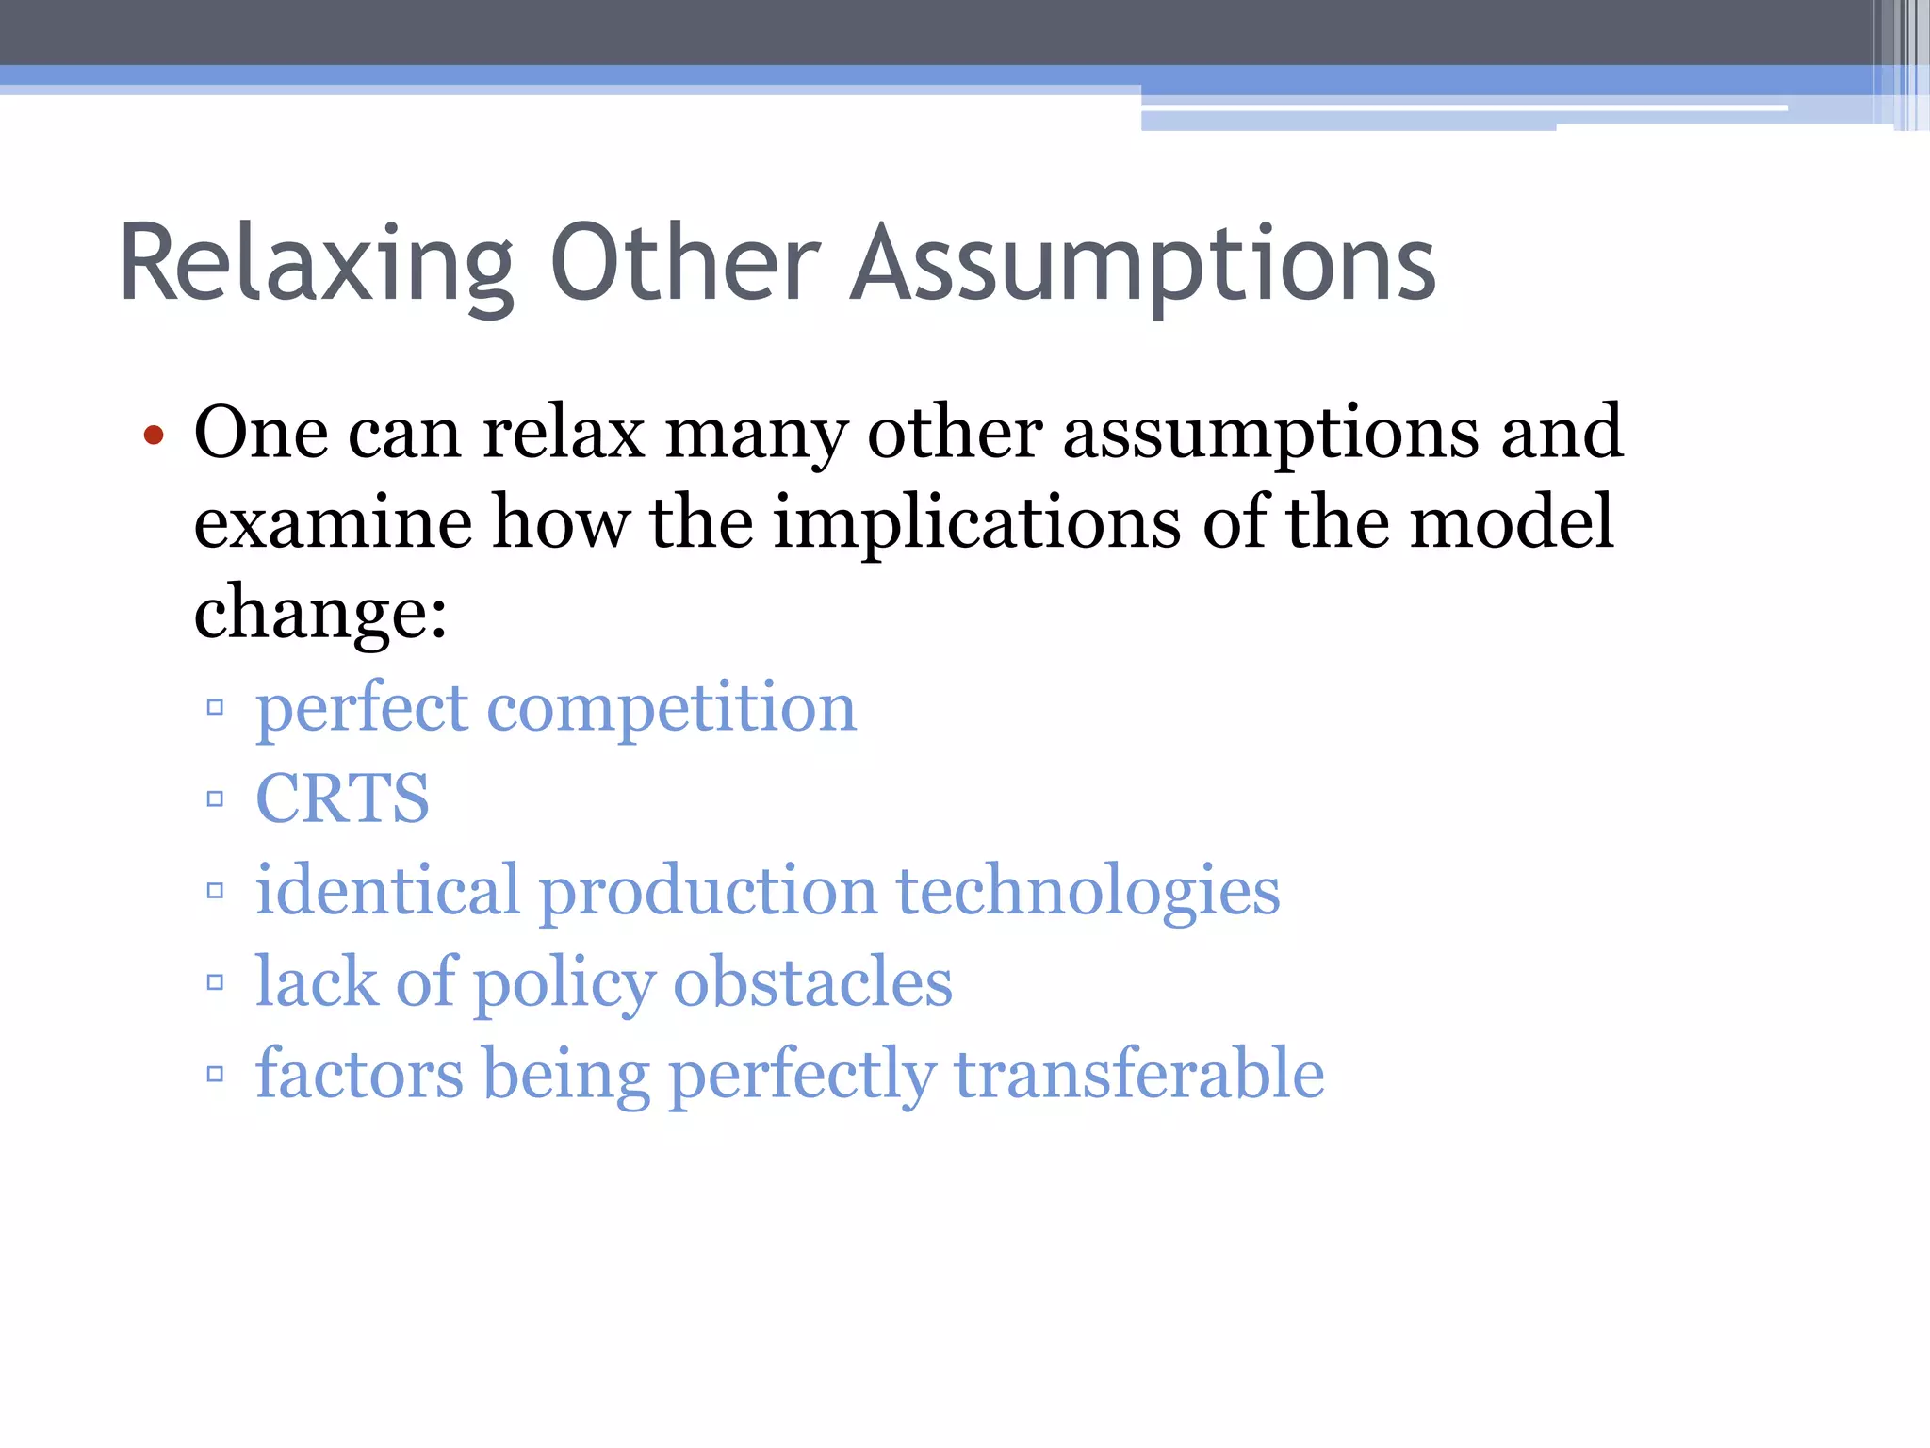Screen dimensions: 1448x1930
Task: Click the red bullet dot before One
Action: pyautogui.click(x=154, y=436)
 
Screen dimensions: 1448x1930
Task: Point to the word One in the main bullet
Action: pyautogui.click(x=261, y=433)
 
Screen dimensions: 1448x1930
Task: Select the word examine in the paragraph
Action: pyautogui.click(x=333, y=522)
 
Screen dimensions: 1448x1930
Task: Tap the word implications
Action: pyautogui.click(x=976, y=524)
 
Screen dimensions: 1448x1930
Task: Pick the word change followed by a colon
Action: pyautogui.click(x=320, y=613)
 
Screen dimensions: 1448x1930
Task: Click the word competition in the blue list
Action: pyautogui.click(x=671, y=707)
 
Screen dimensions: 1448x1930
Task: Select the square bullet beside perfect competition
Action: pyautogui.click(x=215, y=707)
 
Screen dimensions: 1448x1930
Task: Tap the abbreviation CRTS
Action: pyautogui.click(x=343, y=798)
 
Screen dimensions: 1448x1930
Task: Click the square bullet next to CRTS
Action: pyautogui.click(x=215, y=799)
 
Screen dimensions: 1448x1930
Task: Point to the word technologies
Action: pyautogui.click(x=1088, y=891)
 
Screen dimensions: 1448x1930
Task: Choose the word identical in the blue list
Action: pyautogui.click(x=387, y=890)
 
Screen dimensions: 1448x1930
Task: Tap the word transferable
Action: pyautogui.click(x=1139, y=1074)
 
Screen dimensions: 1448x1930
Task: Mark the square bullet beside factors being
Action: pyautogui.click(x=215, y=1074)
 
